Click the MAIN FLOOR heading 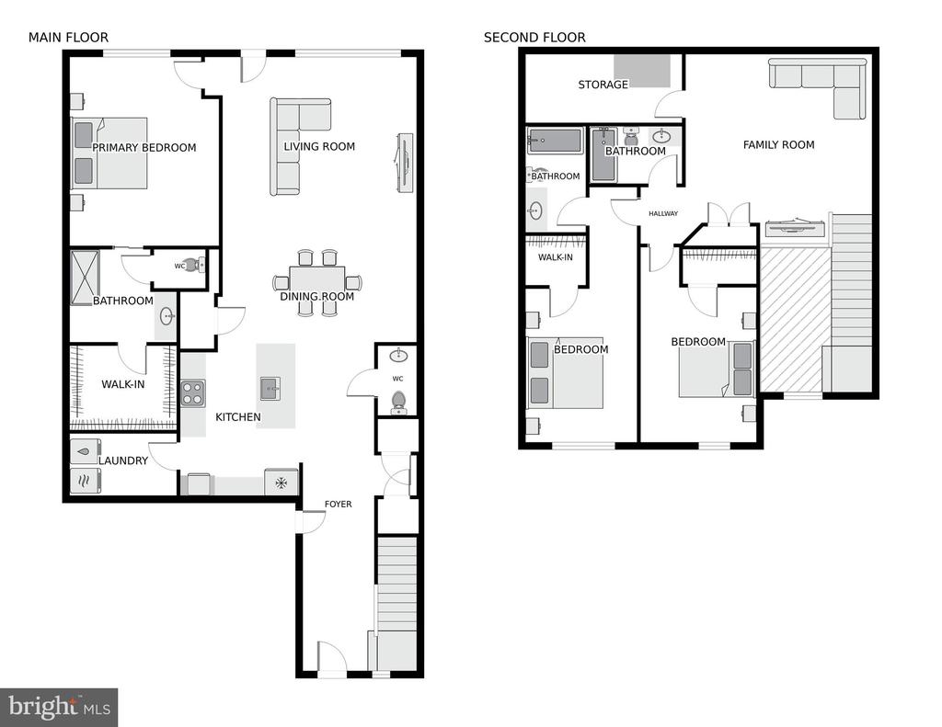[68, 38]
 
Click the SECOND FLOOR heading [534, 38]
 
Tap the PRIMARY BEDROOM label [144, 148]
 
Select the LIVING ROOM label [319, 146]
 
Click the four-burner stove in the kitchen [193, 393]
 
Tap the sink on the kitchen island [270, 389]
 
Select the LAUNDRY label [123, 460]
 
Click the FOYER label [339, 505]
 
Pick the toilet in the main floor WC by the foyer [397, 402]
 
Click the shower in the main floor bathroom [85, 271]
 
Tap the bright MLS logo [59, 707]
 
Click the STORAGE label [603, 85]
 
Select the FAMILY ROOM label [778, 144]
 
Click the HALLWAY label [663, 214]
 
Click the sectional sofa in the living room [300, 146]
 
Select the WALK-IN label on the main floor [123, 384]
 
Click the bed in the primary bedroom [109, 153]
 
